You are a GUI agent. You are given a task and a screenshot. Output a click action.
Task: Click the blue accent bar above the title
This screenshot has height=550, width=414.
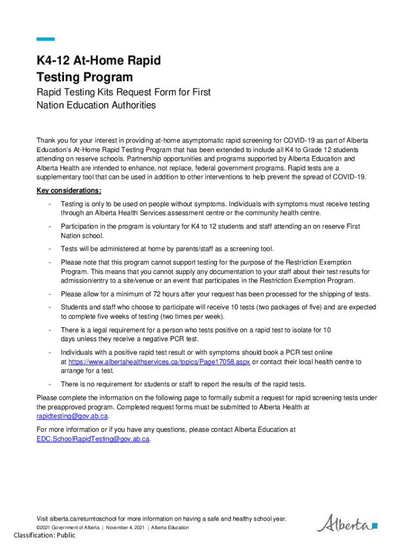click(45, 39)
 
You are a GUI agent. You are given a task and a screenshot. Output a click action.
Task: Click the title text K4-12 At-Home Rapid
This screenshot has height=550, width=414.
click(98, 61)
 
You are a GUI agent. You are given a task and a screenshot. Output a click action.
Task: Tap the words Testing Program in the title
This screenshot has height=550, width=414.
click(84, 77)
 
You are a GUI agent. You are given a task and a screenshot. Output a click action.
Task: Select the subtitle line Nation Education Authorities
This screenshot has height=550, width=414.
click(96, 105)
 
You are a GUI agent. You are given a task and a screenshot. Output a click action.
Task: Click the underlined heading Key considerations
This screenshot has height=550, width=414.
click(68, 191)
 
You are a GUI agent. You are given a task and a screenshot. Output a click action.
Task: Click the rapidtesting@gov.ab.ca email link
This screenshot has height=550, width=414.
click(72, 416)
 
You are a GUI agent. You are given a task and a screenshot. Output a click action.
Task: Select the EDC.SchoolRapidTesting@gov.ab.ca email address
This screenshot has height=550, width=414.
click(92, 439)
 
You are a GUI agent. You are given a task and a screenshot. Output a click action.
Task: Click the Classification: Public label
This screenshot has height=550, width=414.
click(45, 535)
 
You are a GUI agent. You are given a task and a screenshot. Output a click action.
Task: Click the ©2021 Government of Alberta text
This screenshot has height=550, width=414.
click(68, 527)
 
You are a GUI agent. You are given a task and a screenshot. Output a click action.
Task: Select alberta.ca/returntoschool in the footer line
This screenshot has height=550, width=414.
click(83, 519)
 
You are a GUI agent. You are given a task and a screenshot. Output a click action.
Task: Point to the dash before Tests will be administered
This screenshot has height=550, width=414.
click(49, 249)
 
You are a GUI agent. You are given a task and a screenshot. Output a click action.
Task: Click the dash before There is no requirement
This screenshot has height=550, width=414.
click(49, 385)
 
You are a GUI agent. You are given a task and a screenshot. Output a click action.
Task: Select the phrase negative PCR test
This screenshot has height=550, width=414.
click(168, 339)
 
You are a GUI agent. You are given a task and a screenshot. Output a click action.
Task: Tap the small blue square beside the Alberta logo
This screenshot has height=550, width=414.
click(375, 526)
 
